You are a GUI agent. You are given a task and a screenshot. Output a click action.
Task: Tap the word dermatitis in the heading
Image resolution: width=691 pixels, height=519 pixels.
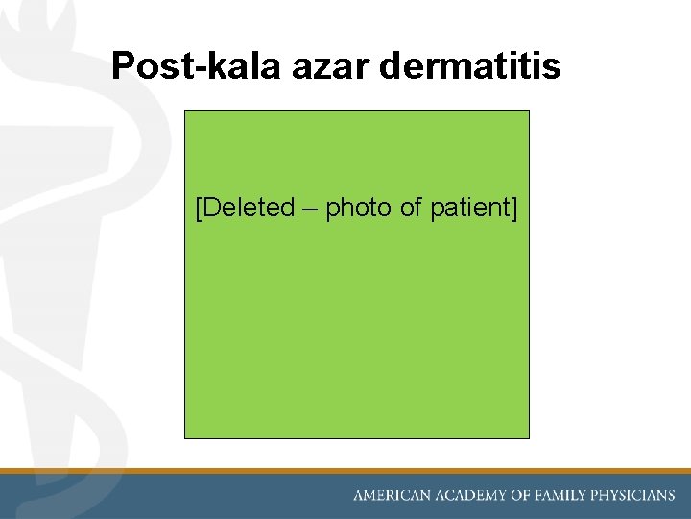click(470, 66)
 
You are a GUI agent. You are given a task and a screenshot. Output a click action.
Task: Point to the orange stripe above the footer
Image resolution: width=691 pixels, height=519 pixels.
click(345, 471)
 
